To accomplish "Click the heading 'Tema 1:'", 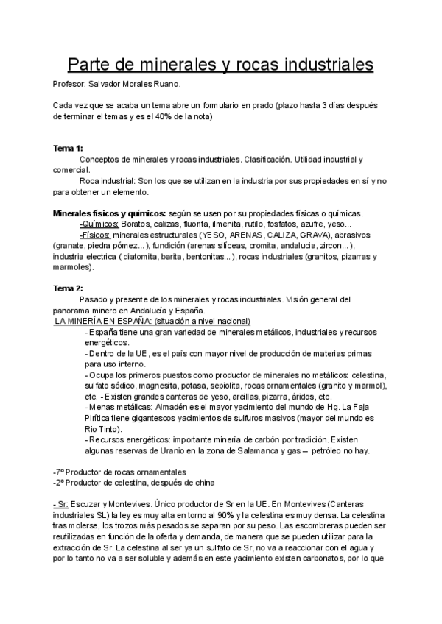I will [68, 149].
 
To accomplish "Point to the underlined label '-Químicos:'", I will [99, 224].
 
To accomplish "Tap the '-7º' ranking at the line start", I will [60, 472].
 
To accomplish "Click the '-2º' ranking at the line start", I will [60, 483].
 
